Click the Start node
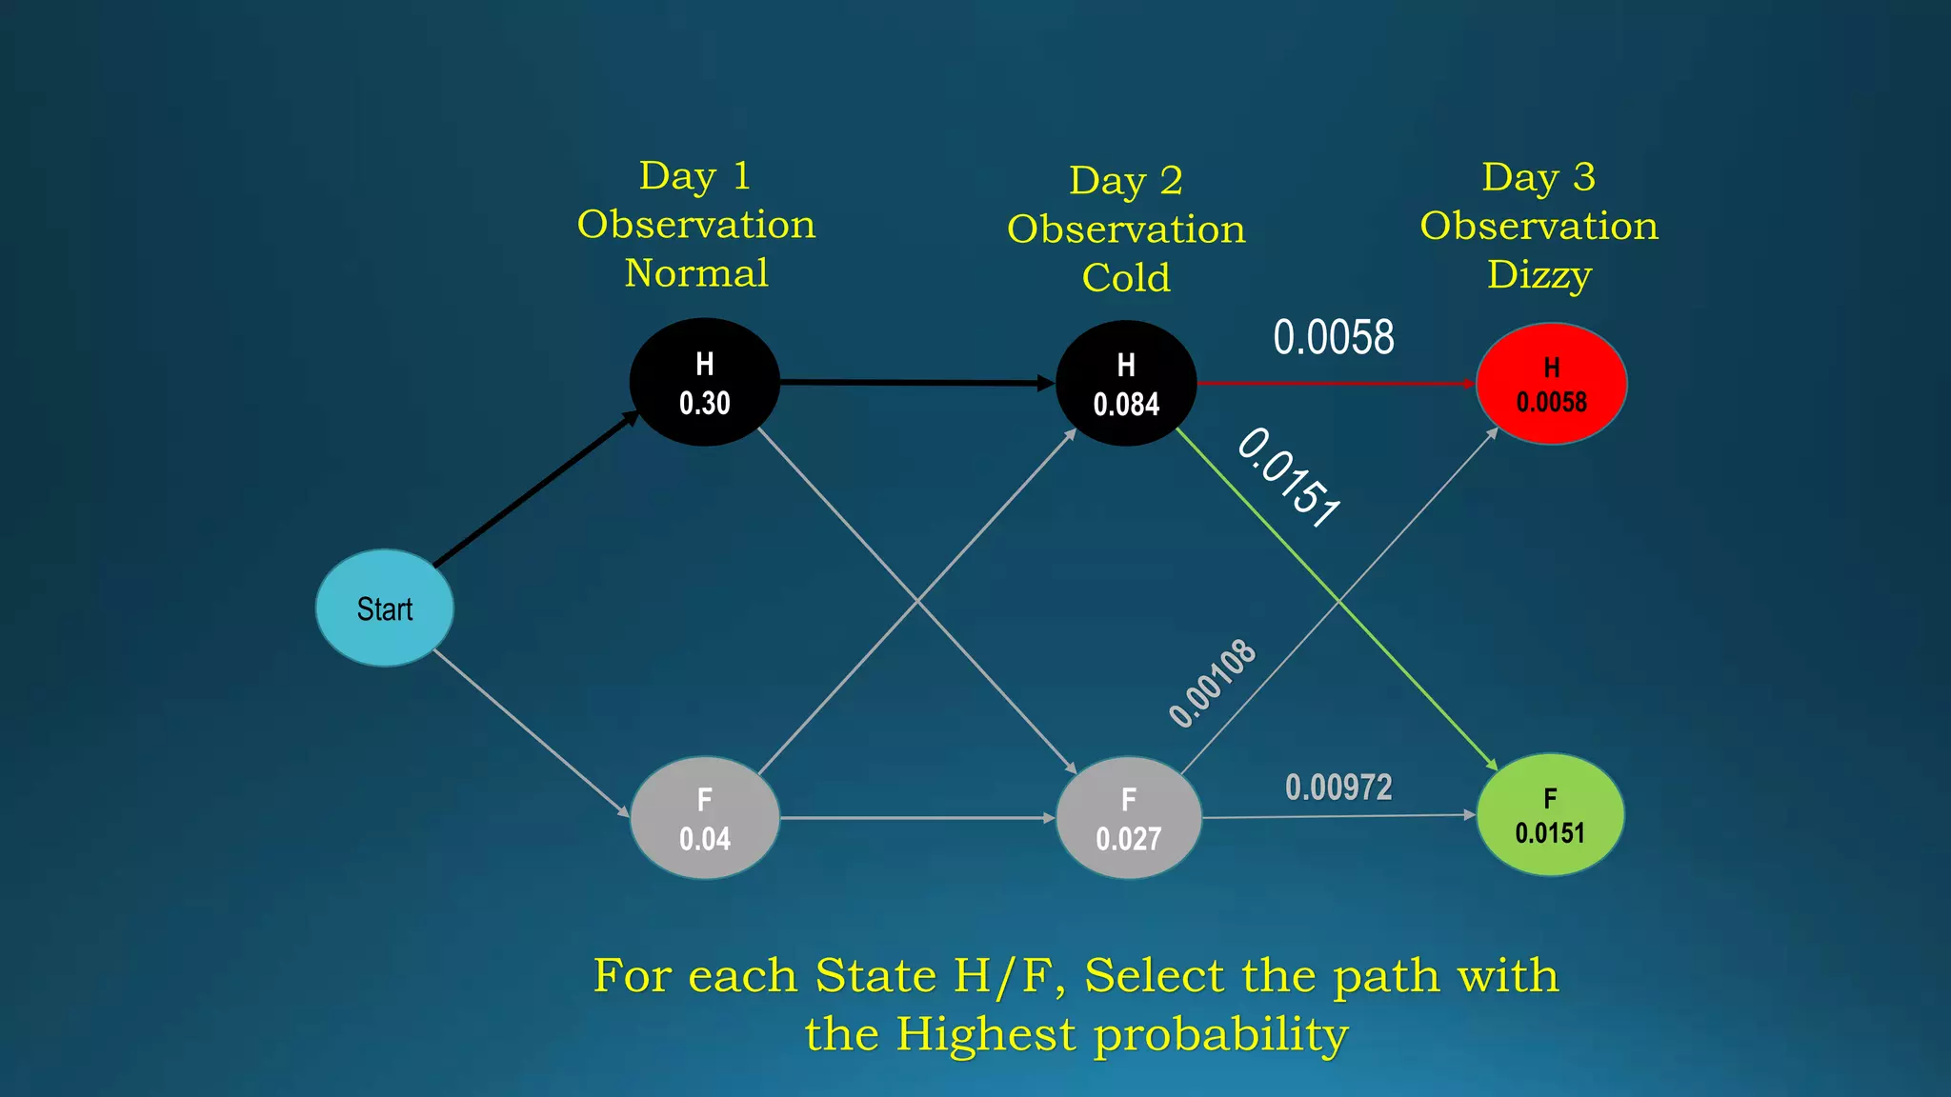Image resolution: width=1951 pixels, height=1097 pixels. coord(385,608)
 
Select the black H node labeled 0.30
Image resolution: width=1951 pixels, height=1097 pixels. coord(705,382)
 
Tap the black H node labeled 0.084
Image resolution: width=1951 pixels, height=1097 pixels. coord(1126,383)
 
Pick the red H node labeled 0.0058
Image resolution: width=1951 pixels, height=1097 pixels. coord(1551,383)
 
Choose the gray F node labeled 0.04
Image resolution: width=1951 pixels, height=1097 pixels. coord(705,818)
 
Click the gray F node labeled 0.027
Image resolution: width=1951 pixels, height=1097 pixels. coord(1128,818)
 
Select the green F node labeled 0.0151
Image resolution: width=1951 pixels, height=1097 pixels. coord(1550,815)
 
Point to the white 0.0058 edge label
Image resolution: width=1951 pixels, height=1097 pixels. coord(1334,337)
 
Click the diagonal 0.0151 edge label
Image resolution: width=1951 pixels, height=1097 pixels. coord(1289,477)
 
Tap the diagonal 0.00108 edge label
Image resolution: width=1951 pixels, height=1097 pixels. coord(1213,684)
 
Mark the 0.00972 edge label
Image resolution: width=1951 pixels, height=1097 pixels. coord(1338,788)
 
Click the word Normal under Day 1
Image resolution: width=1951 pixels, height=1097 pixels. coord(696,273)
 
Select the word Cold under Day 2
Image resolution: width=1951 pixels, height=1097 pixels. coord(1126,278)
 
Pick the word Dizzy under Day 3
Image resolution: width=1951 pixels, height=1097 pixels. coord(1539,275)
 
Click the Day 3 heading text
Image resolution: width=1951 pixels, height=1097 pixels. coord(1539,177)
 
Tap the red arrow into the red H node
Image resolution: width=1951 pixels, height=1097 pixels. coord(1334,383)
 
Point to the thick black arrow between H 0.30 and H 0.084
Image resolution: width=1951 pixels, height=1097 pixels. coord(915,382)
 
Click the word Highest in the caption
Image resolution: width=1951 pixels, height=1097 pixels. coord(985,1034)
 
